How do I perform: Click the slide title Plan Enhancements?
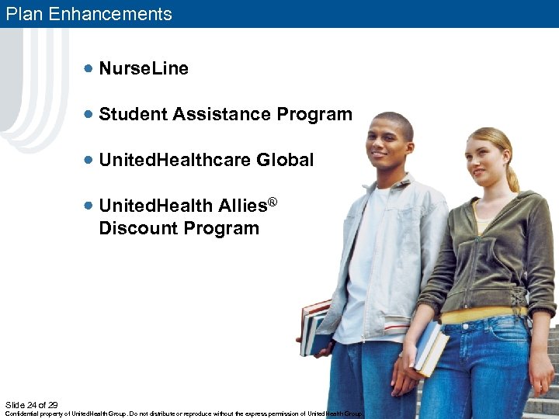(89, 14)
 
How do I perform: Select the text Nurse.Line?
(144, 69)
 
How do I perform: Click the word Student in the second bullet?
(133, 114)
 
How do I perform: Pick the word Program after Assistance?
(314, 114)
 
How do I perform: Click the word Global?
(285, 160)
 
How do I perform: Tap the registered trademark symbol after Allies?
(273, 202)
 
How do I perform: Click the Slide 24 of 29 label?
(31, 405)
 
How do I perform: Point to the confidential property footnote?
(184, 414)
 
